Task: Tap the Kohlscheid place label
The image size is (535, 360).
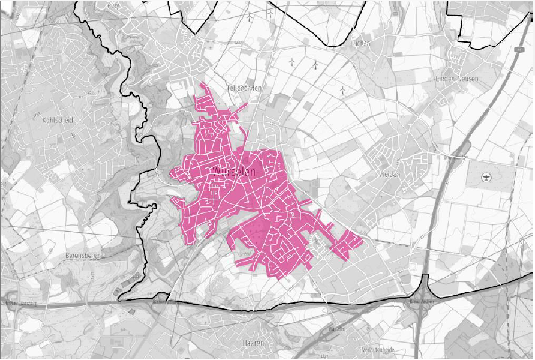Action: tap(58, 120)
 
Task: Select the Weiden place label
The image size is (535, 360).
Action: tap(389, 174)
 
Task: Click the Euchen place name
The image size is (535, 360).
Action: tap(360, 43)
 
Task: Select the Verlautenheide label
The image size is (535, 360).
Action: tap(378, 349)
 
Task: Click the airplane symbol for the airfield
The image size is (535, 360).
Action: tap(486, 178)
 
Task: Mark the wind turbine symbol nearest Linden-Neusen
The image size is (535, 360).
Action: tap(342, 91)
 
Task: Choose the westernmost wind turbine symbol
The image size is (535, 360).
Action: tap(291, 61)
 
